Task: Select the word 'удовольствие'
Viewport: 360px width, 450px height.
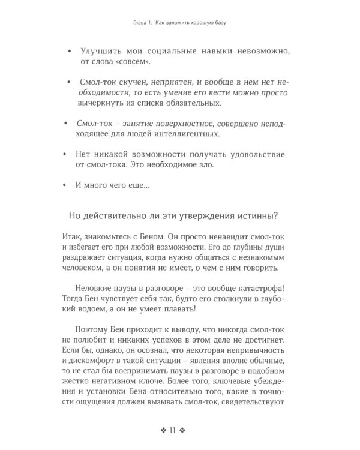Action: click(256, 154)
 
